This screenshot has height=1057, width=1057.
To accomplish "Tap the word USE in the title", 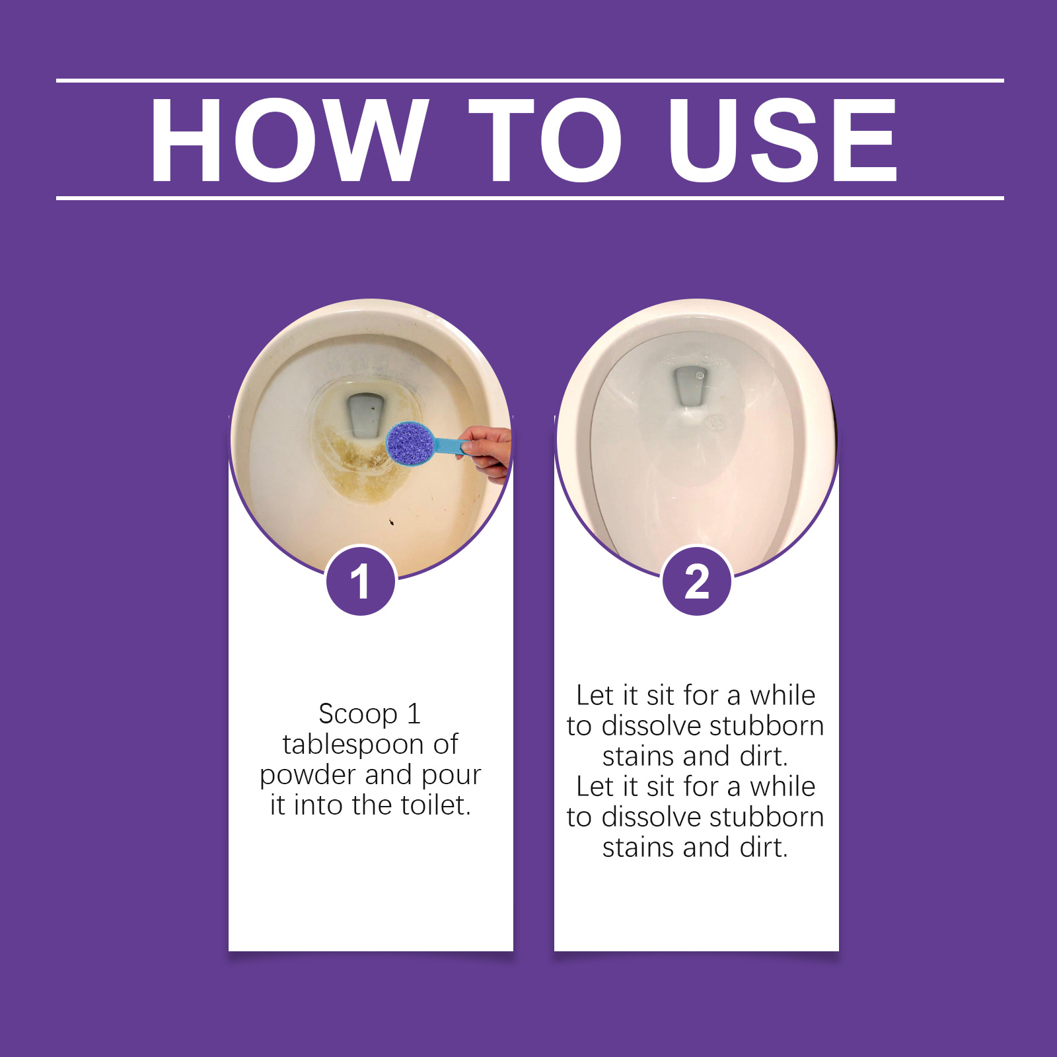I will pyautogui.click(x=783, y=139).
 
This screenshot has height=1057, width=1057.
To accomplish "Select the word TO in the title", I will pyautogui.click(x=545, y=139).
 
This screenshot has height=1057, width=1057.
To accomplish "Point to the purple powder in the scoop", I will pyautogui.click(x=409, y=443).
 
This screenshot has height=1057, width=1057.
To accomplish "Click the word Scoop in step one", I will pyautogui.click(x=357, y=714).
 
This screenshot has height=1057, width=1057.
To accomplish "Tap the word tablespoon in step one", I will pyautogui.click(x=353, y=745).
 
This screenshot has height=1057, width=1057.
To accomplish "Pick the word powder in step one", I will pyautogui.click(x=307, y=776).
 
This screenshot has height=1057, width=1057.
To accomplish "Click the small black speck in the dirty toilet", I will pyautogui.click(x=392, y=523).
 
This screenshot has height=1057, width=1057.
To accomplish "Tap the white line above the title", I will pyautogui.click(x=528, y=81).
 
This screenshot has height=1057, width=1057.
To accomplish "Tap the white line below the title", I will pyautogui.click(x=528, y=198).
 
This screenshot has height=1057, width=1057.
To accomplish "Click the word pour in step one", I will pyautogui.click(x=451, y=776).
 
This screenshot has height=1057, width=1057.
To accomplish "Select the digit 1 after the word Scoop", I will pyautogui.click(x=414, y=714).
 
